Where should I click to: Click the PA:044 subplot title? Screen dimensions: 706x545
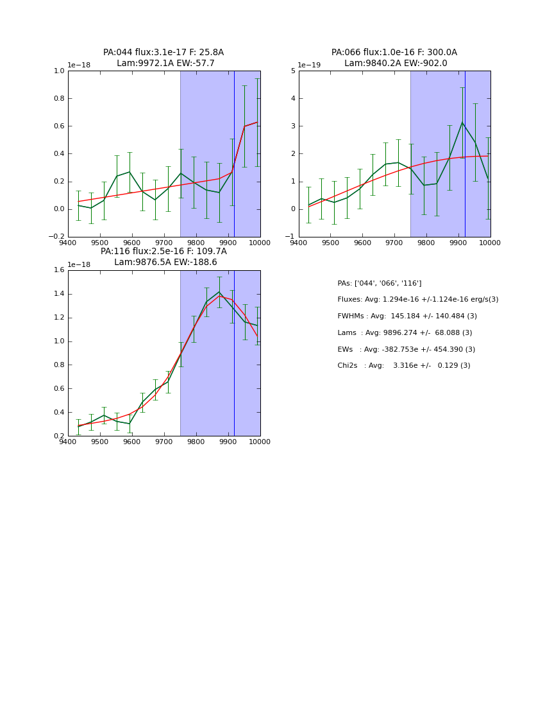tap(163, 53)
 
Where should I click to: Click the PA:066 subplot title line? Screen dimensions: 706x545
tap(394, 53)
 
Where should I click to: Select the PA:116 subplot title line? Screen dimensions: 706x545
tap(163, 252)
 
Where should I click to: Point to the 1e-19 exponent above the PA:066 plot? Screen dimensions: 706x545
tap(310, 65)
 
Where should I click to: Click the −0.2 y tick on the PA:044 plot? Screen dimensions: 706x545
tap(56, 237)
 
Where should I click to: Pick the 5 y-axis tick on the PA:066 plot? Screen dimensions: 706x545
tap(292, 71)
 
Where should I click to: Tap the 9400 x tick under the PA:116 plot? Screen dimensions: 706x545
tap(68, 442)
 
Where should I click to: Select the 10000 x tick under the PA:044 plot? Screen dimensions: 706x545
tap(260, 243)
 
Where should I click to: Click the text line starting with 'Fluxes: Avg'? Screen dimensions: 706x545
tap(417, 300)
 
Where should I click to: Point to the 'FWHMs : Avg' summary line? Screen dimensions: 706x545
tap(407, 316)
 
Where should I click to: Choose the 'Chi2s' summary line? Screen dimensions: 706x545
tap(404, 366)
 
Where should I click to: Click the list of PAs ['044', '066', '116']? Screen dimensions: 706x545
tap(380, 283)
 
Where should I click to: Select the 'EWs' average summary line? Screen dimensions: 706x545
tap(407, 350)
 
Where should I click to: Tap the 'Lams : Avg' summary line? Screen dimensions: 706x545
tap(405, 333)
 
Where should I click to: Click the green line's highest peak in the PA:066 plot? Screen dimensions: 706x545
tap(462, 123)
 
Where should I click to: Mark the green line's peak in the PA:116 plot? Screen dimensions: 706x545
tap(219, 292)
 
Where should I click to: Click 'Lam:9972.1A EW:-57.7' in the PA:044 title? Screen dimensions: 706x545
tap(165, 64)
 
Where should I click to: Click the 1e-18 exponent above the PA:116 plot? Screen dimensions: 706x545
tap(79, 264)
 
